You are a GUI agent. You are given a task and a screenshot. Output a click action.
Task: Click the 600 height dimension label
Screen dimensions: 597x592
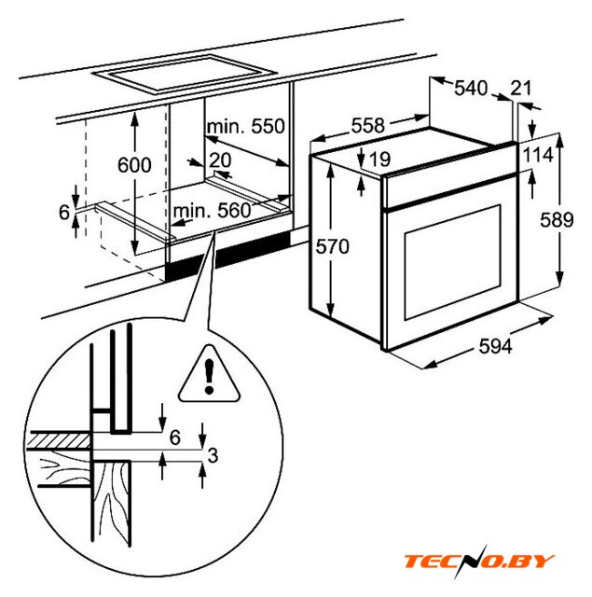click(134, 165)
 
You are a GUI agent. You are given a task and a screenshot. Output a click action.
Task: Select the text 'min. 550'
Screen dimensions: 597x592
click(245, 126)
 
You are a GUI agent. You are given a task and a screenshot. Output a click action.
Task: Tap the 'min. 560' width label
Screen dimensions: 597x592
click(212, 211)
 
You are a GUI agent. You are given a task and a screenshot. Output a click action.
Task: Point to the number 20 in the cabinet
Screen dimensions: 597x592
click(220, 160)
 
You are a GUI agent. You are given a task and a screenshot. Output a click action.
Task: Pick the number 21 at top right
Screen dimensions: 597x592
click(520, 89)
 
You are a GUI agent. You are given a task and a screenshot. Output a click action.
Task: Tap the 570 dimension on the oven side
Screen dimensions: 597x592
click(331, 246)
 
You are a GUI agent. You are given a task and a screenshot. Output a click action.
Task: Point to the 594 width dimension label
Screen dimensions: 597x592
click(495, 346)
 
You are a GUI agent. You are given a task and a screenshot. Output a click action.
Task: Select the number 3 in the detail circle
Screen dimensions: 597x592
click(213, 455)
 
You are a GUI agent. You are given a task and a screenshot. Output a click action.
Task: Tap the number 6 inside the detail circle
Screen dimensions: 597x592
click(175, 436)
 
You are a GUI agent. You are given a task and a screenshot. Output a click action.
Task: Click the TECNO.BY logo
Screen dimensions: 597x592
click(478, 562)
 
